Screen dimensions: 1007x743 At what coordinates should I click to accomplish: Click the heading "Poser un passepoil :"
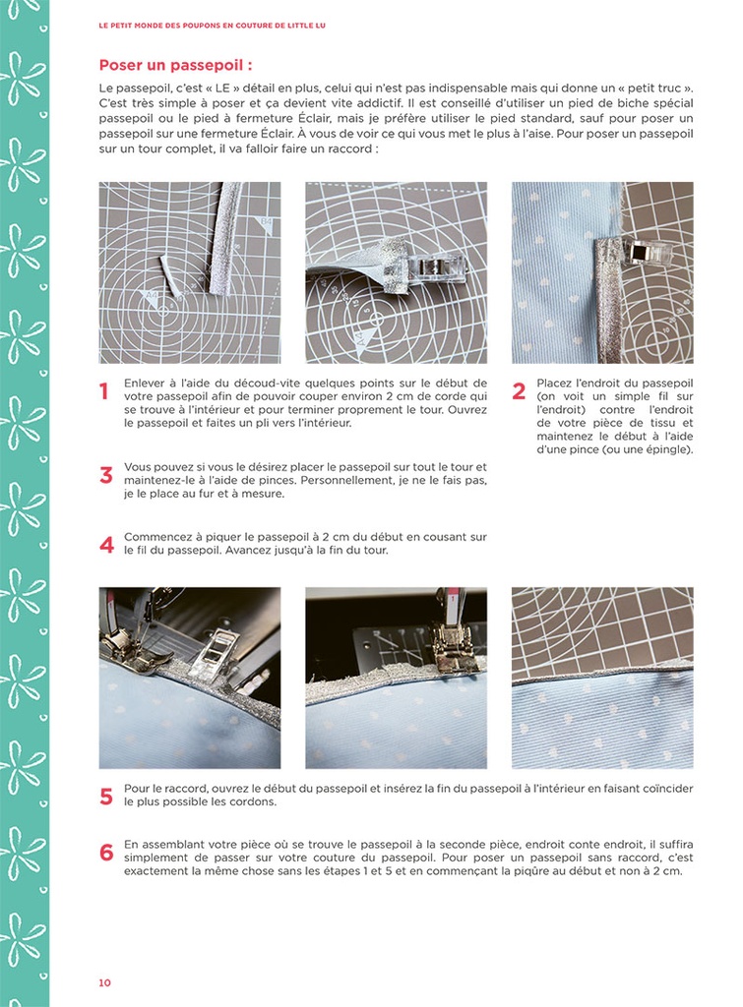coord(175,66)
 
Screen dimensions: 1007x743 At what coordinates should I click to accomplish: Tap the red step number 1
coord(104,392)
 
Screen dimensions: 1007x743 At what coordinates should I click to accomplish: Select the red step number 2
coord(519,392)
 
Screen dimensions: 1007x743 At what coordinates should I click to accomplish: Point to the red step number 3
coord(106,476)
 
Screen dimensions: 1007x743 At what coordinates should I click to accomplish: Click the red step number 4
coord(106,545)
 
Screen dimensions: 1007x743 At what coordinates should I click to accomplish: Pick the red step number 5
coord(106,797)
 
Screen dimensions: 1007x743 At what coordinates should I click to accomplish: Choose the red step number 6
coord(106,853)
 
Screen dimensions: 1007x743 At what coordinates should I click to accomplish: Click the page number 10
coord(104,982)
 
